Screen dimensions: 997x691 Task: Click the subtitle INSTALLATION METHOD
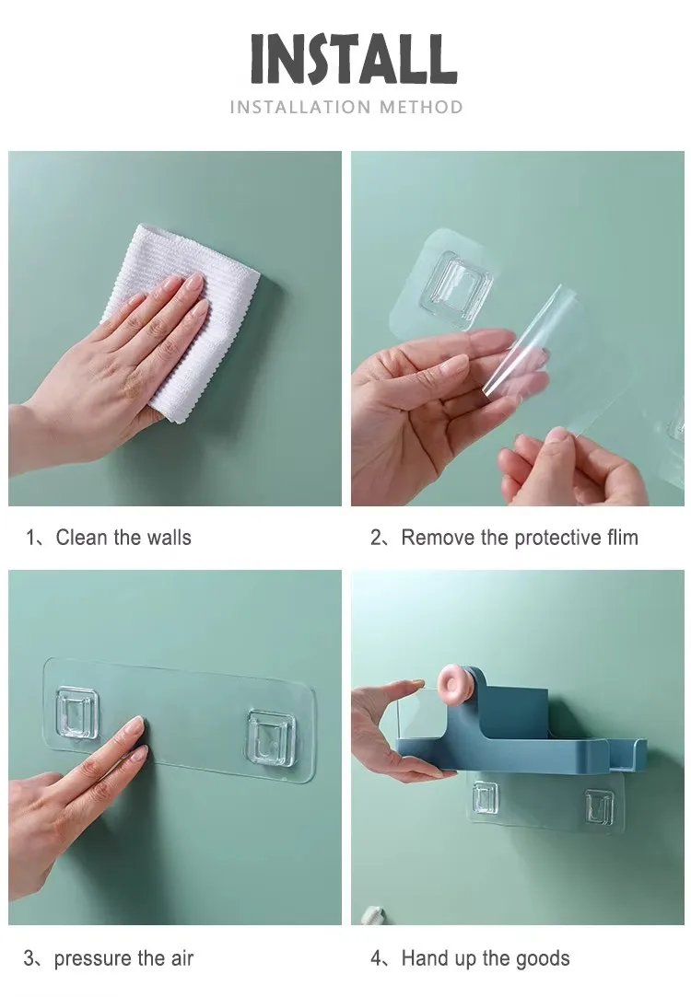[346, 108]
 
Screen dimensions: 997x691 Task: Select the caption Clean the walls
[123, 538]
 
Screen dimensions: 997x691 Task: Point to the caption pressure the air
[123, 958]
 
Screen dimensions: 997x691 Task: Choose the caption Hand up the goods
[485, 958]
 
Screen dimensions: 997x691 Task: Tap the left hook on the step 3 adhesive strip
[76, 713]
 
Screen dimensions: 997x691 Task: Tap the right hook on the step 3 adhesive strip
[271, 736]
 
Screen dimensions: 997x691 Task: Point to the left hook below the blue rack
[486, 797]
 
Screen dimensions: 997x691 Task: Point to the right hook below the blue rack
[599, 807]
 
